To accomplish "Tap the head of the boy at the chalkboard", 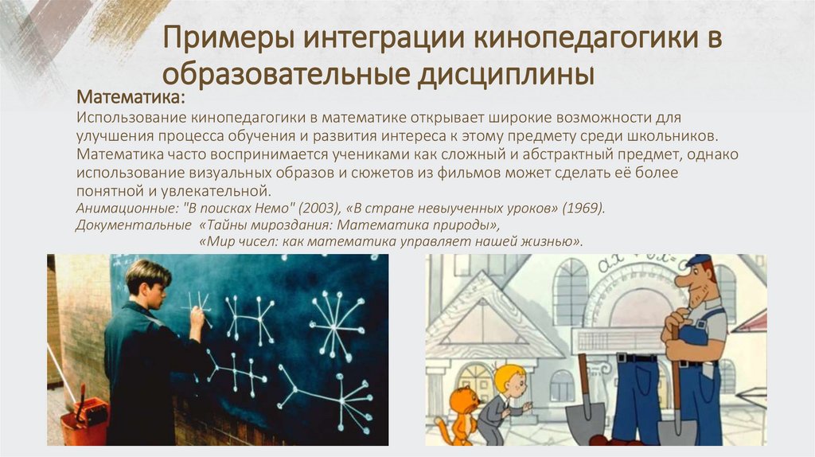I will [148, 281].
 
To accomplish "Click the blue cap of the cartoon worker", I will [698, 261].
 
